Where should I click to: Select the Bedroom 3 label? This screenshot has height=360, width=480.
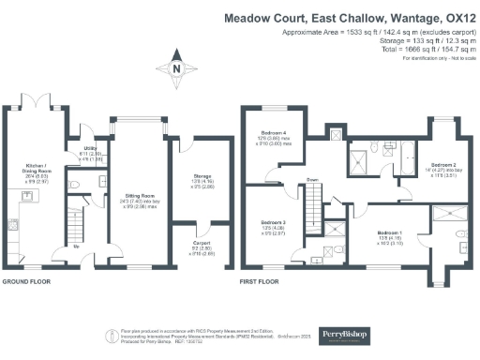[x=273, y=221]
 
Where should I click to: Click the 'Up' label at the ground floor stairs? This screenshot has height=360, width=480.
[x=77, y=248]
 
